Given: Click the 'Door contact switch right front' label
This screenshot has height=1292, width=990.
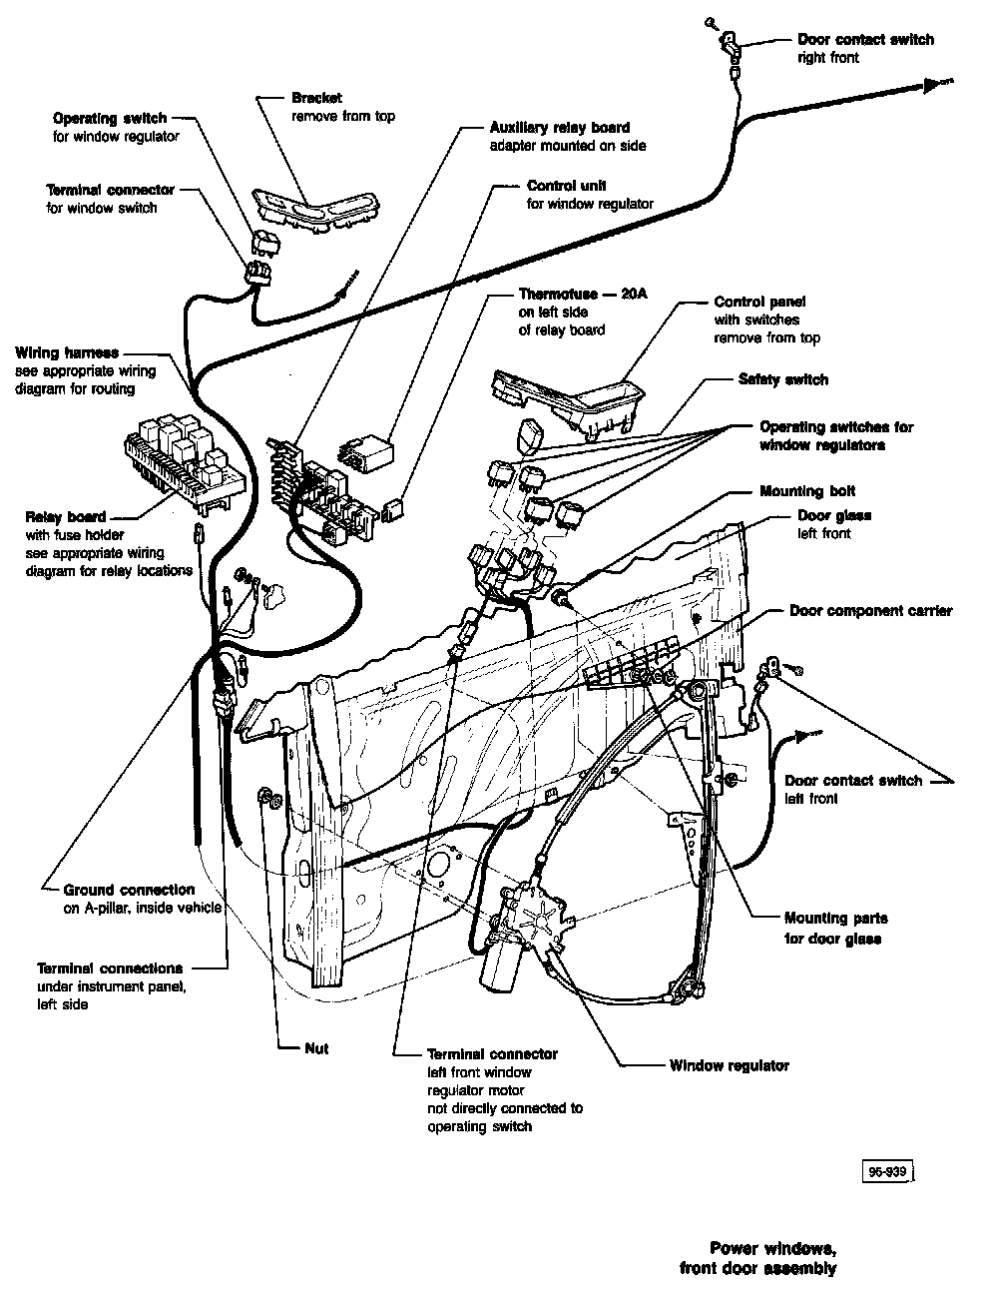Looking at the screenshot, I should tap(864, 48).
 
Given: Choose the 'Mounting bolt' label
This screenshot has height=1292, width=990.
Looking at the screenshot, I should tap(807, 491).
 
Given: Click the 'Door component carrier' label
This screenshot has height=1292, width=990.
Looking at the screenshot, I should tap(870, 610).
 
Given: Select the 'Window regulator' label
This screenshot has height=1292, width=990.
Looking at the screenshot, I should tap(729, 1065).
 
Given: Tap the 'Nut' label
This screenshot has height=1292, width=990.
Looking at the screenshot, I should tap(316, 1048).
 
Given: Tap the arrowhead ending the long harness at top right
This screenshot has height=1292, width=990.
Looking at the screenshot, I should tap(935, 85).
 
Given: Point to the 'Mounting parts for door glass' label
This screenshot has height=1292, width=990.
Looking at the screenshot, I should tap(834, 928).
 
